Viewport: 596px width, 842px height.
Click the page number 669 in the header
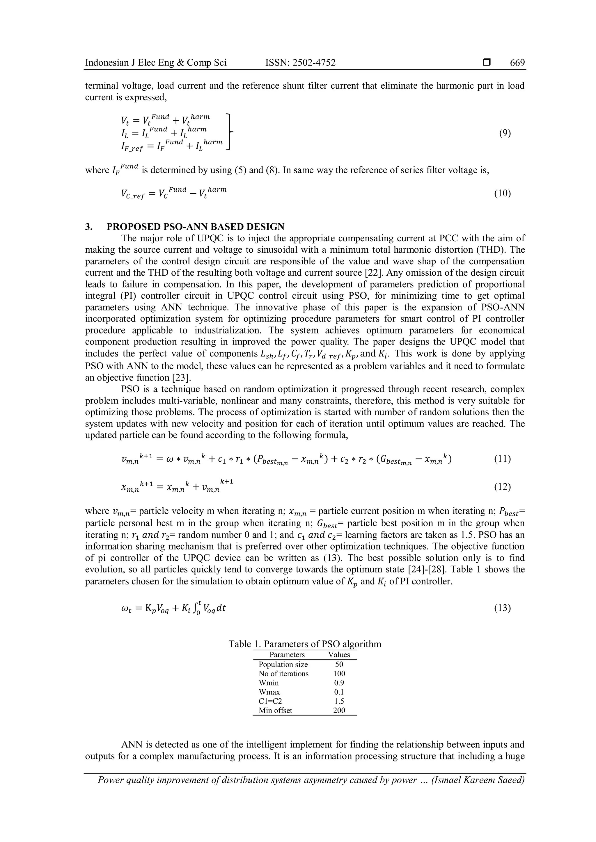tap(517, 63)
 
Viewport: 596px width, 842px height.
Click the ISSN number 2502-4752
tap(313, 63)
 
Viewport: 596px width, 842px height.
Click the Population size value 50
tap(339, 664)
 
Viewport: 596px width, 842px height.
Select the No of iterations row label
tap(283, 673)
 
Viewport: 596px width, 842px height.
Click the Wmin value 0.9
tap(339, 682)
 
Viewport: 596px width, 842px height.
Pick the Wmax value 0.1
tap(339, 692)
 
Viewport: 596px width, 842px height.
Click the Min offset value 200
tap(339, 710)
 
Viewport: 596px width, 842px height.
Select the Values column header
tap(339, 654)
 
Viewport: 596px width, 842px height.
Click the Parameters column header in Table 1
tap(287, 654)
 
